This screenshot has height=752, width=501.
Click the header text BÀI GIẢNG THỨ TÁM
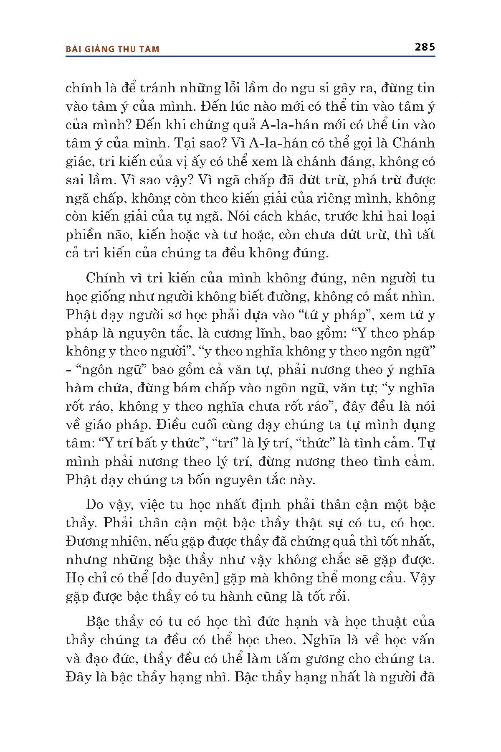[113, 49]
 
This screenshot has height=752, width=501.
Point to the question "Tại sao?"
[205, 143]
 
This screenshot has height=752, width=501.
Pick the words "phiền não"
[93, 235]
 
